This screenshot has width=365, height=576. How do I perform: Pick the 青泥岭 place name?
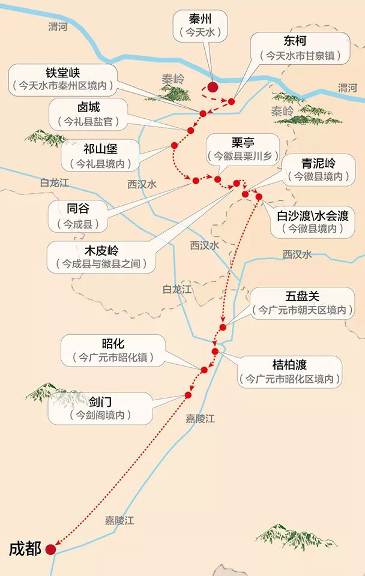318,162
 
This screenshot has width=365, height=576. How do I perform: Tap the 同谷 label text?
80,209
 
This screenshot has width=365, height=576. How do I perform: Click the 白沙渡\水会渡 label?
312,214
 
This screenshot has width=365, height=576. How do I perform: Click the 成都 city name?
25,548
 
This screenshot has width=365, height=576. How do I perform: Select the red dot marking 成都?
50,549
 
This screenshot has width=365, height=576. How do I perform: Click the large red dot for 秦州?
213,86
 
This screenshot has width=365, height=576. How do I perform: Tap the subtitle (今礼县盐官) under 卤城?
92,121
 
